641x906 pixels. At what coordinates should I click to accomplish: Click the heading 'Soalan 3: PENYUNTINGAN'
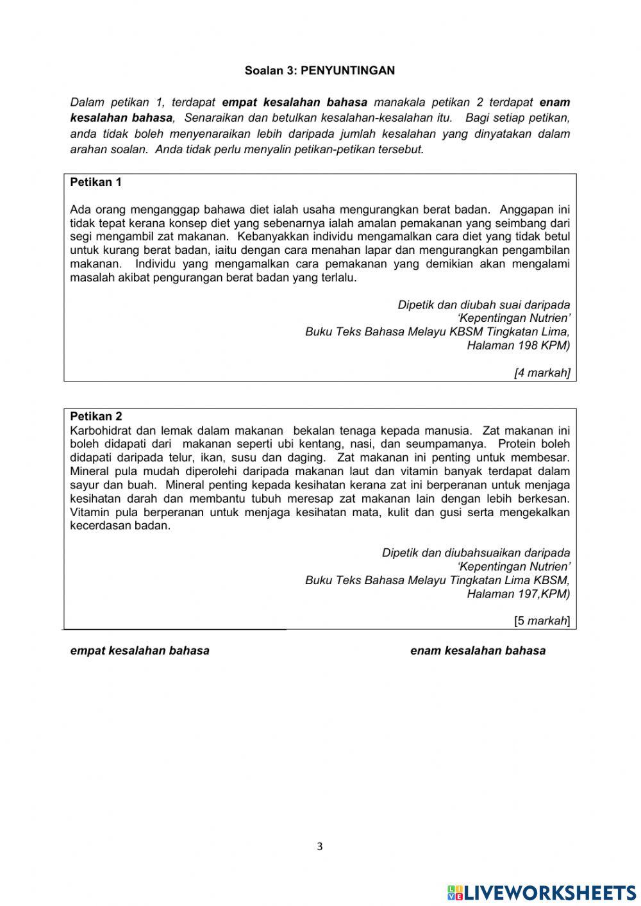pyautogui.click(x=319, y=71)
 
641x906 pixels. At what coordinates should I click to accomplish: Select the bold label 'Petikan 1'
pyautogui.click(x=96, y=182)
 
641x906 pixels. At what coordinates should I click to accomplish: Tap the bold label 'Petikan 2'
pyautogui.click(x=96, y=416)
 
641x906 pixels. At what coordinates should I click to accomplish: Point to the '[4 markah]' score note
pyautogui.click(x=542, y=373)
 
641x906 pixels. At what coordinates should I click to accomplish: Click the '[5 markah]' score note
pyautogui.click(x=542, y=620)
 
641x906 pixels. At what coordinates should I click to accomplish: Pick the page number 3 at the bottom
pyautogui.click(x=320, y=846)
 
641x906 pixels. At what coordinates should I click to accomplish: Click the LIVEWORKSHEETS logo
pyautogui.click(x=542, y=892)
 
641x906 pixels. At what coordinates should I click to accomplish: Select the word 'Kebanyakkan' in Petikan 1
pyautogui.click(x=269, y=237)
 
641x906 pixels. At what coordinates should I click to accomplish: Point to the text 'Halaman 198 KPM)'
pyautogui.click(x=518, y=345)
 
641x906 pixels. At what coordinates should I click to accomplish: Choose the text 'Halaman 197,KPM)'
pyautogui.click(x=518, y=593)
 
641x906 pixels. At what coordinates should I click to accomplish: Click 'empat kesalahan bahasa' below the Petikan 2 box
pyautogui.click(x=140, y=650)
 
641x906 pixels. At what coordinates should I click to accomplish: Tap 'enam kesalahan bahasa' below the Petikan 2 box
pyautogui.click(x=478, y=650)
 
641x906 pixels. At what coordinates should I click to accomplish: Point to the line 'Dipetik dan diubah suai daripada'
pyautogui.click(x=483, y=305)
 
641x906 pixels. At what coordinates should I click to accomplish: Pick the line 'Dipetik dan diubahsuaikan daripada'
pyautogui.click(x=476, y=552)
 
